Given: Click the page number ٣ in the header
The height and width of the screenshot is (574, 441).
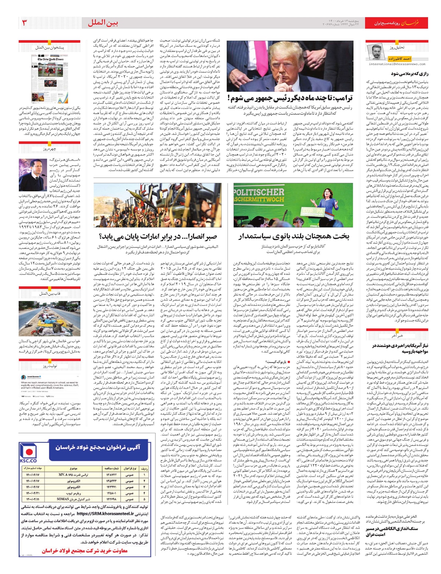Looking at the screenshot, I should [x=24, y=23].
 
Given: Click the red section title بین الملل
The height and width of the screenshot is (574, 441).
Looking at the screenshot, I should [x=103, y=23].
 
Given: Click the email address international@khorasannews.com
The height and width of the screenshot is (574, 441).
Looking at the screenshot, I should [x=397, y=64].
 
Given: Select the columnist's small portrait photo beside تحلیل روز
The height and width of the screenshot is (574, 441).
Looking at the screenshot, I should [x=376, y=52].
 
